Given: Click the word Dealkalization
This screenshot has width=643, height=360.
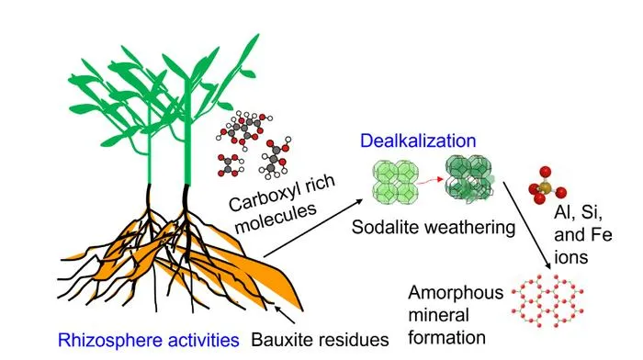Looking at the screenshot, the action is click(418, 141).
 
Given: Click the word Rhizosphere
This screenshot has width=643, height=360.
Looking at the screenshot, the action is click(110, 341).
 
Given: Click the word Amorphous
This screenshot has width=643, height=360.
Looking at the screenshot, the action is click(456, 293).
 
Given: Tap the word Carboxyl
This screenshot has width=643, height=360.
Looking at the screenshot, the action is click(261, 197).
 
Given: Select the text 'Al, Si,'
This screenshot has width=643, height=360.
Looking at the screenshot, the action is click(578, 213).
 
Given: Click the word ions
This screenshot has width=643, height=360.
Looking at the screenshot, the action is click(570, 257).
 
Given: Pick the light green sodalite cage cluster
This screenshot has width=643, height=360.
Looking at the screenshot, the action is click(395, 183).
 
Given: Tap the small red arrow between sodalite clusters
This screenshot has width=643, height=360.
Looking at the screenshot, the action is click(432, 180).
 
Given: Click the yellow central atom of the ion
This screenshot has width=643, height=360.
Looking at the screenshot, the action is click(544, 187).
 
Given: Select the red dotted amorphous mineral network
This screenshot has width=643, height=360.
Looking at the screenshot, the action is click(547, 301).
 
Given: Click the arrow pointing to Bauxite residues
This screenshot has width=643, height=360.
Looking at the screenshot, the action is click(285, 314).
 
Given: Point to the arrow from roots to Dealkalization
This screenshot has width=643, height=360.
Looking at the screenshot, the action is click(313, 228).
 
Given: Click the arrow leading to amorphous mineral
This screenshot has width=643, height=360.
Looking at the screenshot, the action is click(527, 225).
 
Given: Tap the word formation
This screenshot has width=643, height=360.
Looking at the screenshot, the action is click(447, 337).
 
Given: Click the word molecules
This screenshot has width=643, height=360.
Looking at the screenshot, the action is click(276, 218).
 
